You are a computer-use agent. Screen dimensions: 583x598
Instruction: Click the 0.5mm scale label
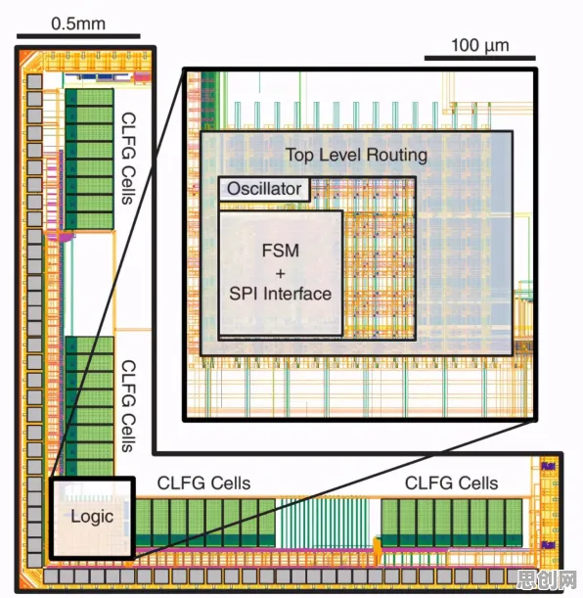(x=78, y=23)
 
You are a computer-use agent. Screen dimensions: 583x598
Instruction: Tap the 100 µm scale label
(x=480, y=45)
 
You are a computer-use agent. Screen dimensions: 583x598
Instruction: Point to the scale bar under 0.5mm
(x=78, y=36)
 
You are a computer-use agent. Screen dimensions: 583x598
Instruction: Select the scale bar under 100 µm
(x=480, y=58)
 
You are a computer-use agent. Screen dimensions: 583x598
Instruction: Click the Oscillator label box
(x=264, y=189)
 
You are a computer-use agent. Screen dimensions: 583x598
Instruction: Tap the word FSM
(x=281, y=251)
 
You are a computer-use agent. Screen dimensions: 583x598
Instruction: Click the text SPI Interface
(x=281, y=294)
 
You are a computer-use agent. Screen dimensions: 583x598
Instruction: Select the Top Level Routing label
(x=356, y=155)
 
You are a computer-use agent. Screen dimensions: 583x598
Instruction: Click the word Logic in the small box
(x=92, y=517)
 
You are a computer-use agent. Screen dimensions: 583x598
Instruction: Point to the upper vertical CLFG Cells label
(x=128, y=159)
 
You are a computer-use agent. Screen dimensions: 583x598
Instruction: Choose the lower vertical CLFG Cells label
(x=128, y=406)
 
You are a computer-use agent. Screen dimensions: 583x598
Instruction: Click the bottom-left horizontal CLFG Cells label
(x=203, y=483)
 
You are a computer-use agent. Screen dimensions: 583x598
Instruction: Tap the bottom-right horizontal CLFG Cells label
(x=452, y=483)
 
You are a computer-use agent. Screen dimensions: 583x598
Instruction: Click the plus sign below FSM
(x=281, y=273)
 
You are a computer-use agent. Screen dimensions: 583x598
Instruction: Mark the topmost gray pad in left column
(x=34, y=81)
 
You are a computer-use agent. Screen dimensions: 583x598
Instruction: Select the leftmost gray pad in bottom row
(x=51, y=575)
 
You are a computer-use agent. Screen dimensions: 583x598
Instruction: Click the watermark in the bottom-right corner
(x=548, y=580)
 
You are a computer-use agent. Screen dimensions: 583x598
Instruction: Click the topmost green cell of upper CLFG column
(x=90, y=97)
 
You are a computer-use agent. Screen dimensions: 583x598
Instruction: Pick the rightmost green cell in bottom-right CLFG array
(x=514, y=523)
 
